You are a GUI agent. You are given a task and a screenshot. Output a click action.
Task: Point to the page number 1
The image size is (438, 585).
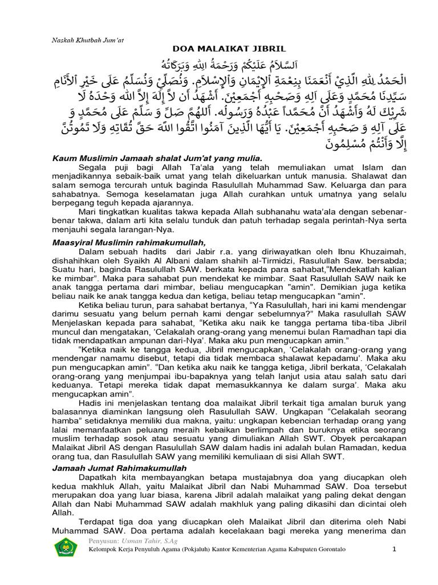[394, 550]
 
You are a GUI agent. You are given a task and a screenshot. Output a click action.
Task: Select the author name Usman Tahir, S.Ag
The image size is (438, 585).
[140, 539]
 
